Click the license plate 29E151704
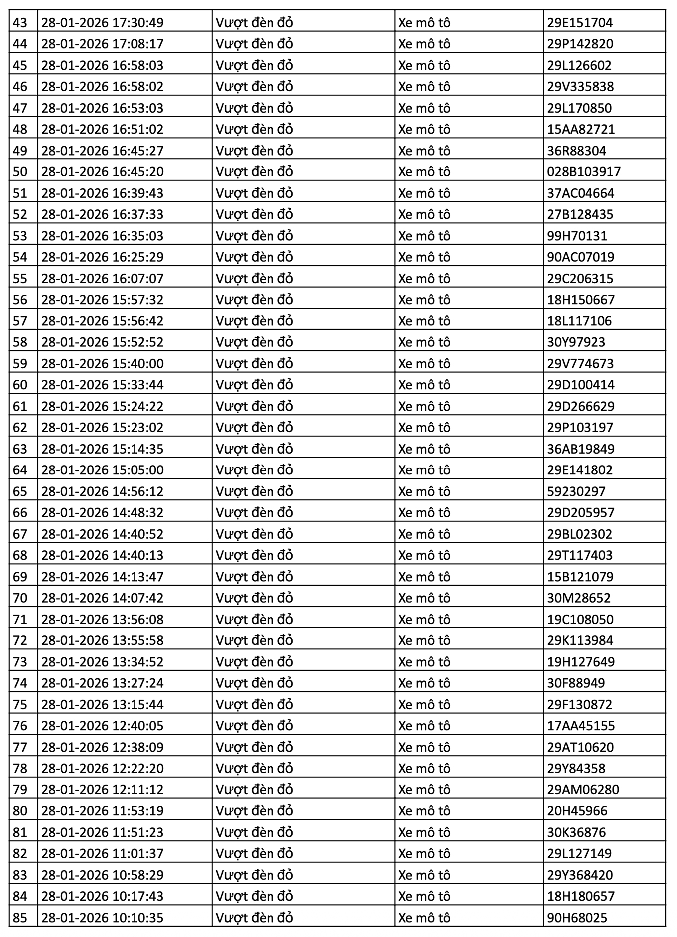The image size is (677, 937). [580, 23]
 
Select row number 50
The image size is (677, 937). [20, 172]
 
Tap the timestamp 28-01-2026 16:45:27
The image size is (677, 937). [103, 151]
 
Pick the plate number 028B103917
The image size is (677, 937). [584, 172]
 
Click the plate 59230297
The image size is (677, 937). [576, 491]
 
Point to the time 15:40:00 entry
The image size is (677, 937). [103, 364]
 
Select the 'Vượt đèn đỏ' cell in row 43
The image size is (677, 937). [254, 23]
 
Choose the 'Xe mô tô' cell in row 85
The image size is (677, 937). [424, 918]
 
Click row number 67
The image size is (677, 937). [20, 534]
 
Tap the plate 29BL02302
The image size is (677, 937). [580, 534]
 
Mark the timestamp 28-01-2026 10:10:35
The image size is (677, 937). [103, 918]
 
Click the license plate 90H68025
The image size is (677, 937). [577, 918]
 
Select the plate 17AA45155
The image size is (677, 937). [581, 726]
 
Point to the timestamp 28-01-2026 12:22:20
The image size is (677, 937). [103, 768]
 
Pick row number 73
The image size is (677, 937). [20, 662]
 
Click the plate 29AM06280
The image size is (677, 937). [583, 789]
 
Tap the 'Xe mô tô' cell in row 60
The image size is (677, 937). [424, 385]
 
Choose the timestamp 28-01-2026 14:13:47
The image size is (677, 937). [103, 577]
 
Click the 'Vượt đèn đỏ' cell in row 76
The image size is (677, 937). [254, 726]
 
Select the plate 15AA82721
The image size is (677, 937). [581, 129]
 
